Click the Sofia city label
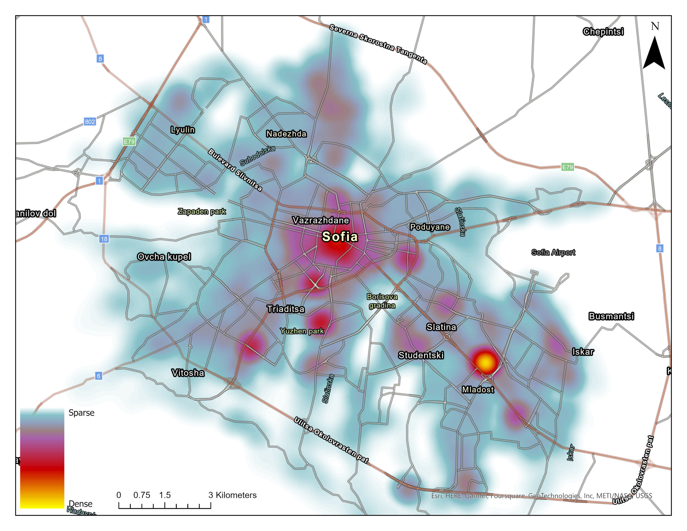(340, 237)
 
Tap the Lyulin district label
(182, 130)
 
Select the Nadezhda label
(286, 134)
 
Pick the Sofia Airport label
(553, 252)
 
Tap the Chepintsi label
(603, 31)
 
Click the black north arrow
(654, 53)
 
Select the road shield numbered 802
(90, 122)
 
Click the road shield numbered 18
(104, 239)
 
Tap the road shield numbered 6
(98, 376)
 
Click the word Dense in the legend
(81, 504)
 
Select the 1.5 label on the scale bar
(165, 495)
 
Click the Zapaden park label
(202, 211)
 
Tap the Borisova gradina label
(382, 301)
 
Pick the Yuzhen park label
(302, 331)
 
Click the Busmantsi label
(611, 316)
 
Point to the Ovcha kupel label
(164, 257)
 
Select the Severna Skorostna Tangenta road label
(378, 44)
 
